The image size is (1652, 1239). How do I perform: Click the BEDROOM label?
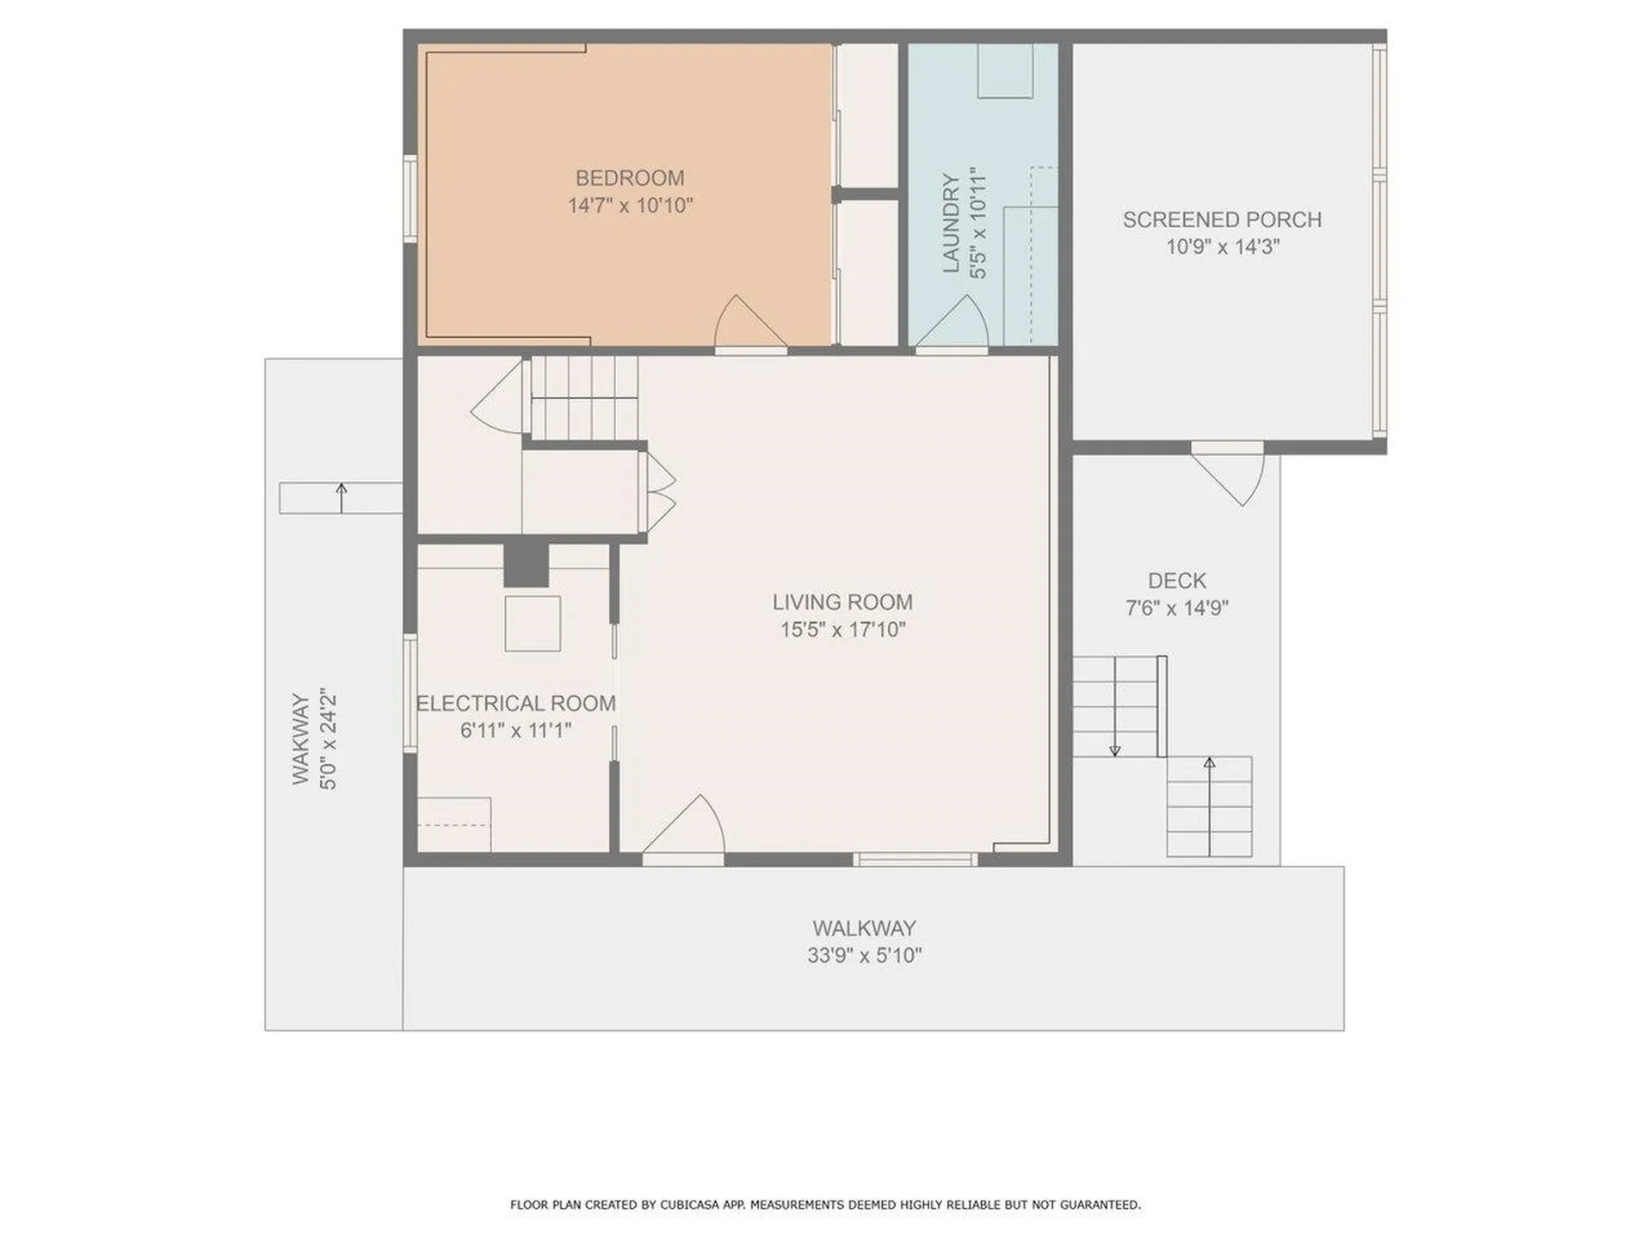click(x=629, y=178)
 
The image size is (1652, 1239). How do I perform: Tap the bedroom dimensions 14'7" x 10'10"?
click(x=629, y=206)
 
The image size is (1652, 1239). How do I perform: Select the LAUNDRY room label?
click(x=951, y=223)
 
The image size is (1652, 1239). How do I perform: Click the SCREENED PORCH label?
click(x=1222, y=219)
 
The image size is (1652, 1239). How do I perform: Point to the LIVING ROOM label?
click(x=841, y=602)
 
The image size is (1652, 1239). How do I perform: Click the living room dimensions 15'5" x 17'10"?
click(x=841, y=630)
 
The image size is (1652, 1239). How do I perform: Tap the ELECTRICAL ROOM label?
click(x=515, y=703)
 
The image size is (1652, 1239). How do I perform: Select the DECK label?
click(x=1176, y=581)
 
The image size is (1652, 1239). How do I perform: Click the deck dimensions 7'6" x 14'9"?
click(x=1176, y=608)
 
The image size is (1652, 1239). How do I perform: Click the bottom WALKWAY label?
click(x=864, y=928)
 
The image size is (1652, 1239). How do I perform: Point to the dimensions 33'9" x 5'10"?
click(x=864, y=956)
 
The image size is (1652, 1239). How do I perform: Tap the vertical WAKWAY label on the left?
click(x=300, y=738)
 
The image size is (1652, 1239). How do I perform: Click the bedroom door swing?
click(x=745, y=325)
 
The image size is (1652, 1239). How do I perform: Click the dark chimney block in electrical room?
click(x=526, y=564)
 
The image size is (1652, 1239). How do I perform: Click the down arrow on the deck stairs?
click(x=1115, y=749)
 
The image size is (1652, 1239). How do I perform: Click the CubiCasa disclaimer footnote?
click(x=825, y=1205)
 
